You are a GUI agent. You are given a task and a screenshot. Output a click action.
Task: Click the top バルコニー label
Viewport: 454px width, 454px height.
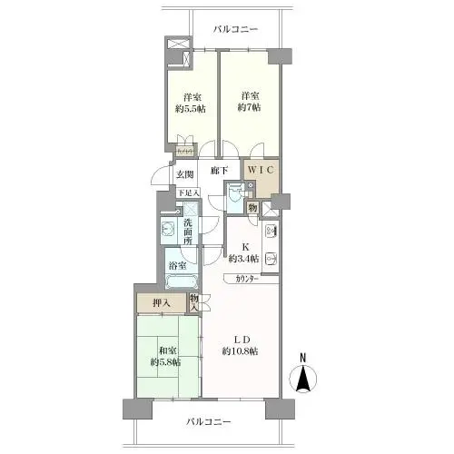[236, 29]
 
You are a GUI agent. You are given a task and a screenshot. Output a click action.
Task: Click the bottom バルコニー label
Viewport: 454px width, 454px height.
[210, 422]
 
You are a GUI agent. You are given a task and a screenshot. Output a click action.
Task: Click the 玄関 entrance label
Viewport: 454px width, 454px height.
[186, 175]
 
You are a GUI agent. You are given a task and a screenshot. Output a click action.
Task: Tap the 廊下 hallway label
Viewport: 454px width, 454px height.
[219, 170]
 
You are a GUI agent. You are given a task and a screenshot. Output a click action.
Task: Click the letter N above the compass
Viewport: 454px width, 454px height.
[304, 357]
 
